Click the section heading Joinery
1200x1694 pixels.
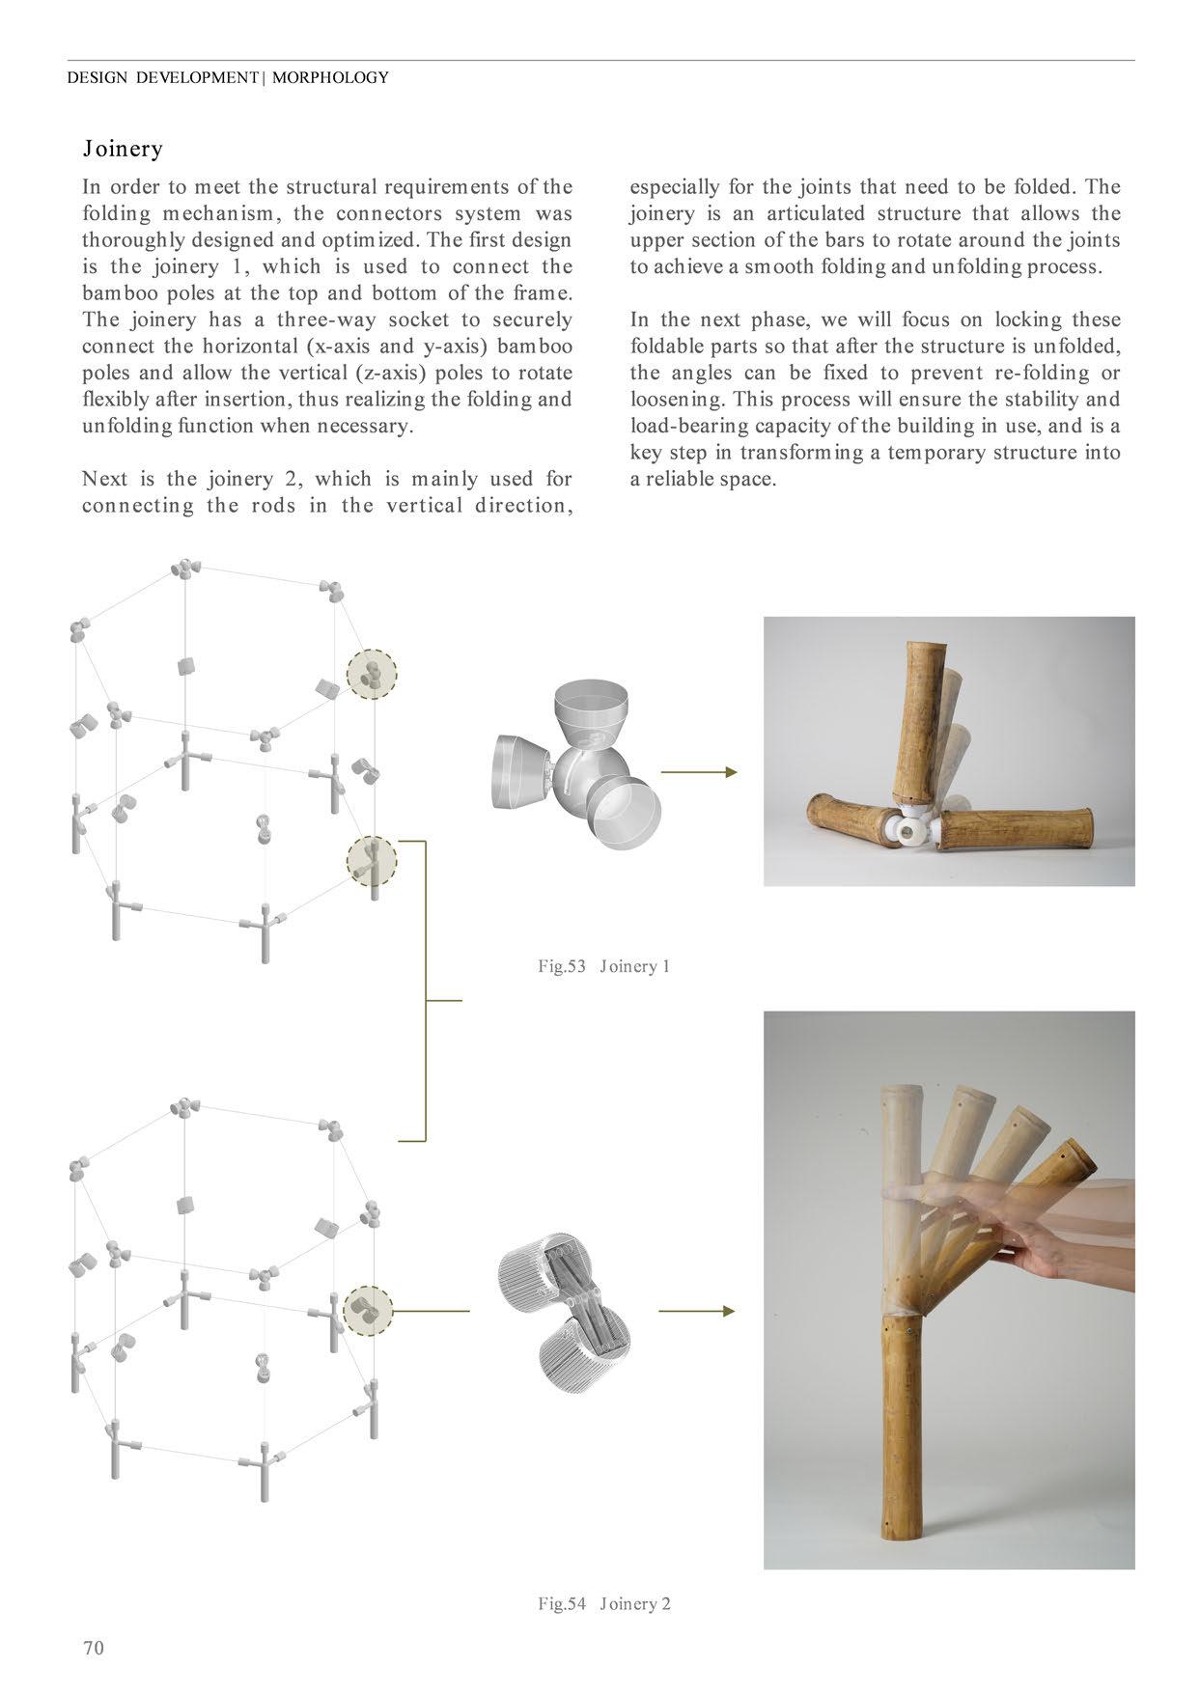tap(123, 149)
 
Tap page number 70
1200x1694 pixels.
tap(93, 1647)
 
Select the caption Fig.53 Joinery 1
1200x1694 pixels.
tap(603, 966)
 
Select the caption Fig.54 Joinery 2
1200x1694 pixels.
tap(603, 1603)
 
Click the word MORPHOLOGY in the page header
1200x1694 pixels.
tap(330, 78)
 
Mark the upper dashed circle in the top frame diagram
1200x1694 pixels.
tap(372, 673)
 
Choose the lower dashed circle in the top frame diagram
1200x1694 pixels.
tap(372, 860)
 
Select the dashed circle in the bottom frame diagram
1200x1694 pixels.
tap(368, 1310)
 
